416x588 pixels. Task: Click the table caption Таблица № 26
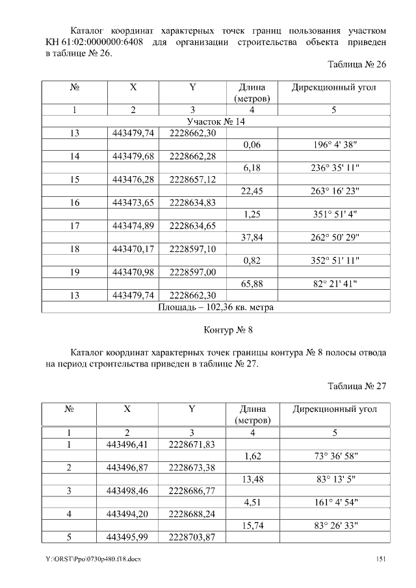357,65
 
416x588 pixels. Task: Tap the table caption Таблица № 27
357,386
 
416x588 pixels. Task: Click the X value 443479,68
133,157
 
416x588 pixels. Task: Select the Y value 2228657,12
192,179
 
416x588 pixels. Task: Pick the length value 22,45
251,191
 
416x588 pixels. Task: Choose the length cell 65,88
251,283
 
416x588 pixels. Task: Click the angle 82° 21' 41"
334,283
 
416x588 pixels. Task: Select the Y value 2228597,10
192,249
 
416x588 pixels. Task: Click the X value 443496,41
127,444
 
